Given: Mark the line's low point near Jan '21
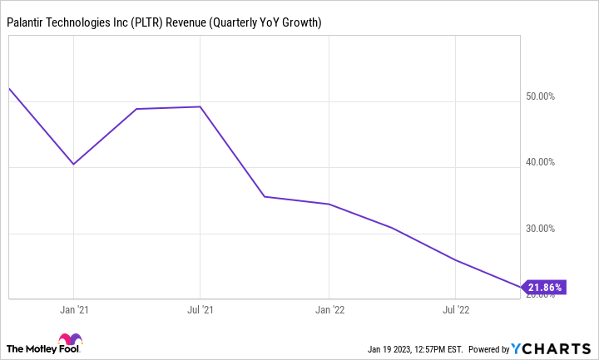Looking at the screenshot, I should click(x=74, y=164).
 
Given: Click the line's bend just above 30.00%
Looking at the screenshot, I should click(x=392, y=228).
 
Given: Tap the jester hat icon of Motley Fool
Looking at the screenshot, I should click(x=71, y=340).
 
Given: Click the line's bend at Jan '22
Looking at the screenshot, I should click(x=329, y=204).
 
